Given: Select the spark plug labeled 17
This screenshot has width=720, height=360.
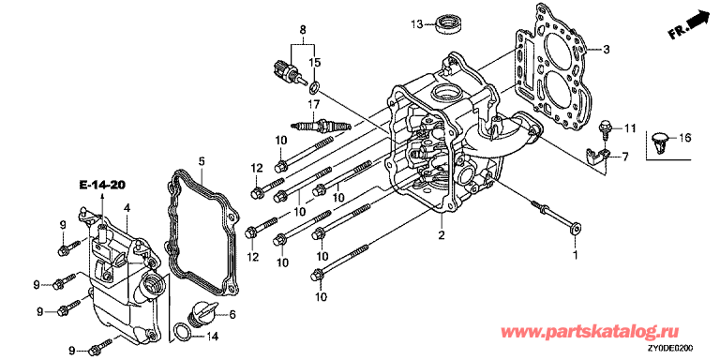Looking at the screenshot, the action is pyautogui.click(x=321, y=125).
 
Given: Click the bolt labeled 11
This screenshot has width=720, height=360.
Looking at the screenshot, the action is pyautogui.click(x=605, y=127).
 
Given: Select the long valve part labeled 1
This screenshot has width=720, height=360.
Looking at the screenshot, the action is pyautogui.click(x=556, y=217).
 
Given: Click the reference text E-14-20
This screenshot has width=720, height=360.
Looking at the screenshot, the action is pyautogui.click(x=102, y=185).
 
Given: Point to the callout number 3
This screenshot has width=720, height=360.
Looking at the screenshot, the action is pyautogui.click(x=606, y=49).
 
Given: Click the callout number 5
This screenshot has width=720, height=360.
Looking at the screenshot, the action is pyautogui.click(x=202, y=161).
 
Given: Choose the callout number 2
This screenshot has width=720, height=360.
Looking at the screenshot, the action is pyautogui.click(x=442, y=236).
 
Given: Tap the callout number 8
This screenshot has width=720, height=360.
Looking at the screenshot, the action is pyautogui.click(x=303, y=30).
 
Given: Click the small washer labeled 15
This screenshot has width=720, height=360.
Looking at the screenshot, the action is pyautogui.click(x=315, y=85).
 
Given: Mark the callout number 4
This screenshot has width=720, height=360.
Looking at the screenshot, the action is pyautogui.click(x=127, y=208).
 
